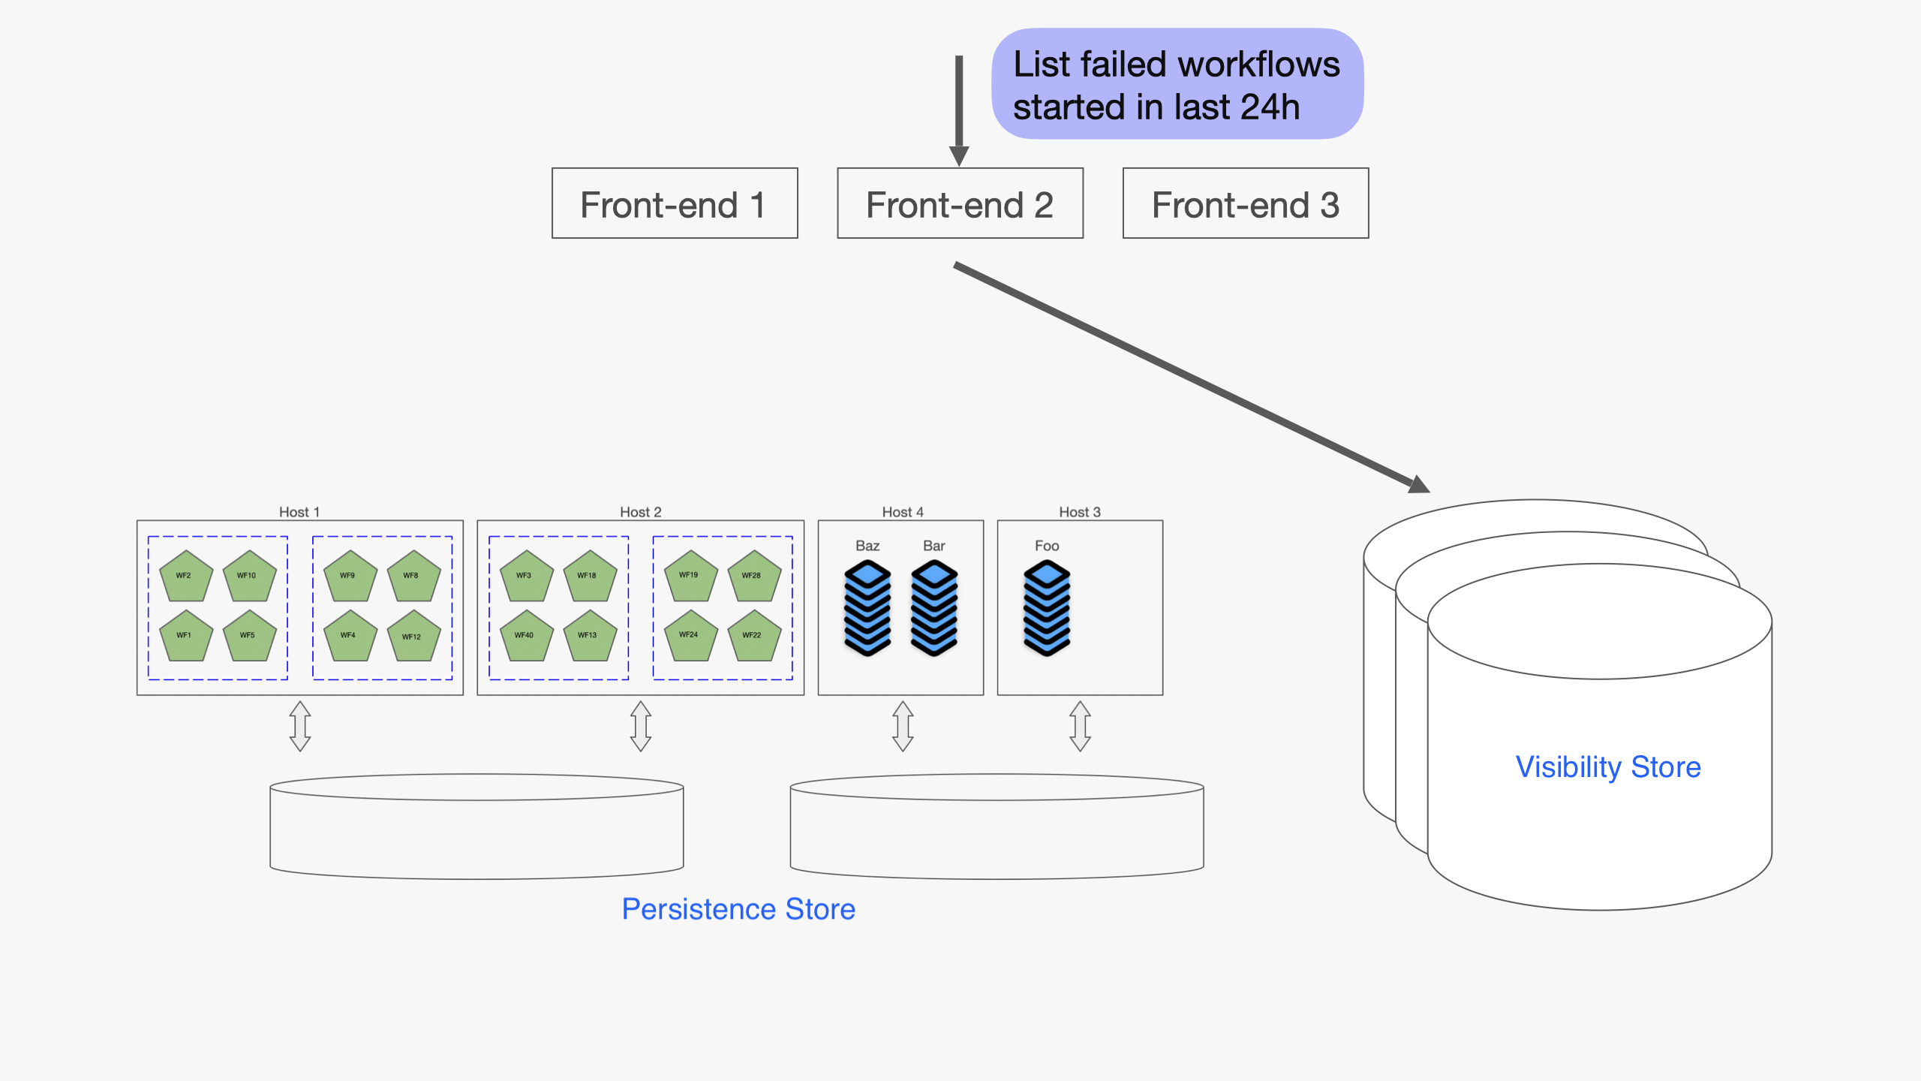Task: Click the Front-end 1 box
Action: tap(675, 203)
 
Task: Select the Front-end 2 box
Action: tap(960, 203)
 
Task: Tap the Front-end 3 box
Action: tap(1246, 203)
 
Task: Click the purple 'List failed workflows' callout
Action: tap(1177, 84)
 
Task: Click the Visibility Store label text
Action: tap(1608, 767)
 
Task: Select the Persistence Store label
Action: tap(738, 909)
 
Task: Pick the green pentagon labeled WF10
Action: tap(249, 577)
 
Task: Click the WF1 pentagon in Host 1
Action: tap(185, 637)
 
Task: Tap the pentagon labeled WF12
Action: tap(413, 637)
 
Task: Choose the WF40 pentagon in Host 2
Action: tap(526, 637)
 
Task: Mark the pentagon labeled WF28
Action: tap(754, 577)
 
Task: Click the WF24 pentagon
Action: tap(690, 637)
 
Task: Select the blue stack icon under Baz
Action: tap(867, 608)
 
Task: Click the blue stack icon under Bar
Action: tap(934, 608)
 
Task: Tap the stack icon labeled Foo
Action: tap(1047, 608)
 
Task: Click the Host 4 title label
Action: tap(903, 512)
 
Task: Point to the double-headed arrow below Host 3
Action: tap(1080, 726)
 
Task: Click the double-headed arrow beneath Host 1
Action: tap(300, 726)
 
